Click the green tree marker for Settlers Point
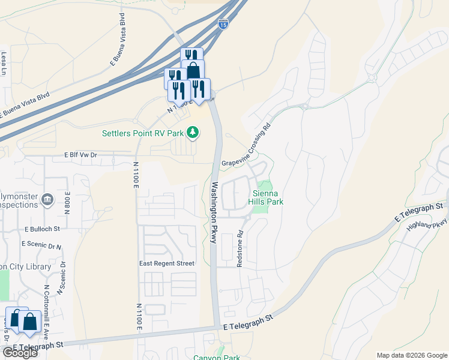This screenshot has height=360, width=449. click(x=192, y=131)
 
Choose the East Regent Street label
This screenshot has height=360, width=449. click(x=167, y=263)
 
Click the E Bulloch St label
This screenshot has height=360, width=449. click(x=43, y=229)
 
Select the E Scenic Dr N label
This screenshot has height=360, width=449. click(x=41, y=245)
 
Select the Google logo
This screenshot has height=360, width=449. click(x=20, y=352)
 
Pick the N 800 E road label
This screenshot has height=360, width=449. click(x=68, y=199)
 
